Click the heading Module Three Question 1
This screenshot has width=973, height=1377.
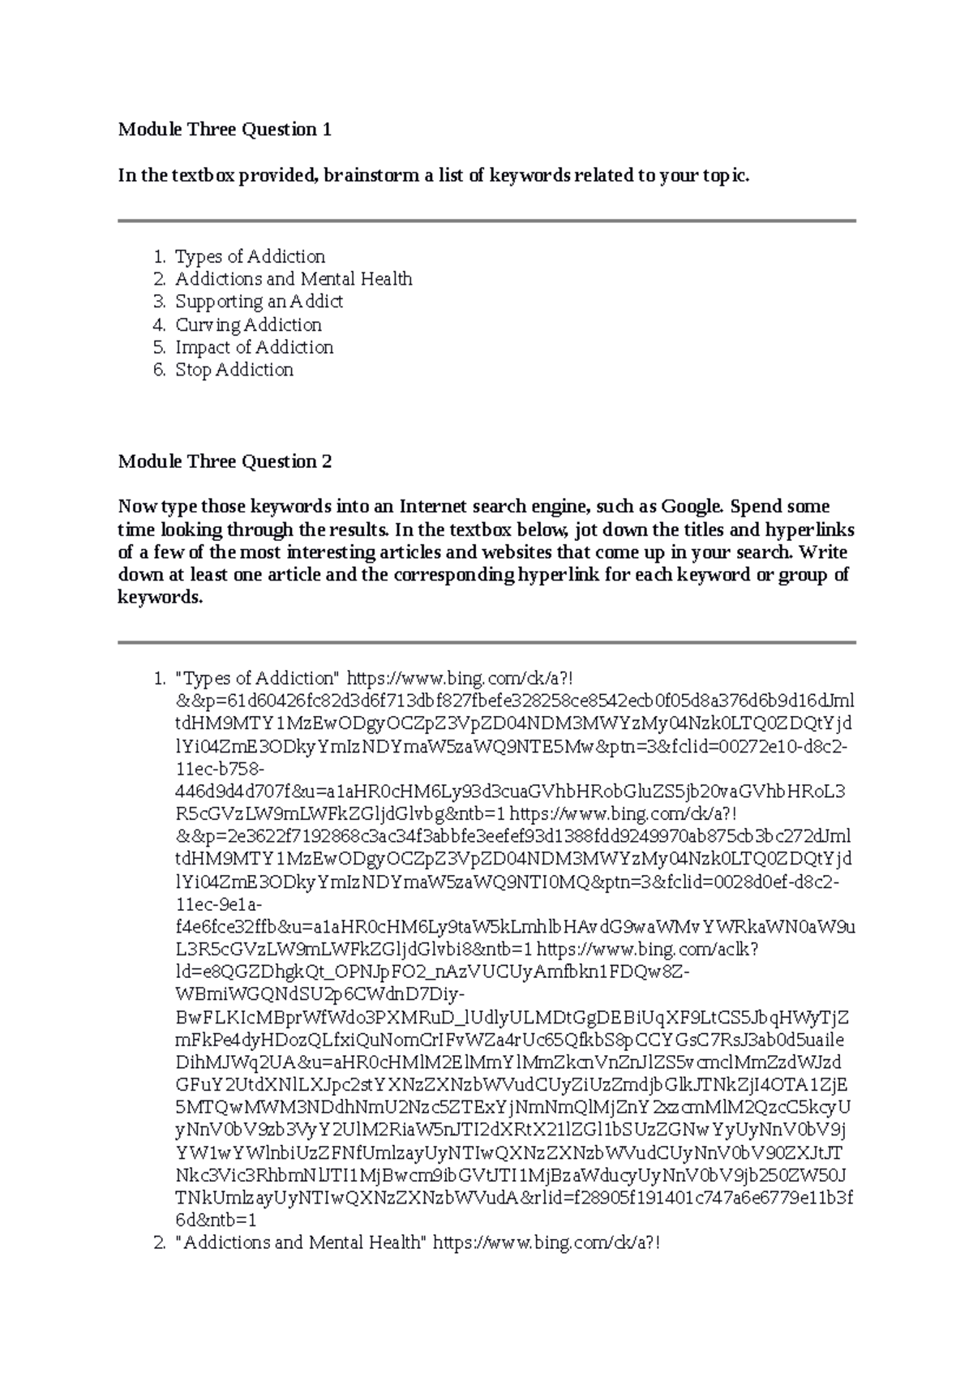click(225, 130)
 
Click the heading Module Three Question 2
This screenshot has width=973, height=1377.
click(225, 462)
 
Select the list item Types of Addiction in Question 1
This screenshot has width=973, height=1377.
click(251, 257)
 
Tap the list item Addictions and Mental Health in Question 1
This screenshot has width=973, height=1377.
click(294, 280)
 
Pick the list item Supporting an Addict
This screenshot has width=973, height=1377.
click(259, 302)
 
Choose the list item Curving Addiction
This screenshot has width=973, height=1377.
click(249, 325)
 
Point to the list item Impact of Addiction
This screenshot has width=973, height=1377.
click(255, 348)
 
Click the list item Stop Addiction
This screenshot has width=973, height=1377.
click(234, 371)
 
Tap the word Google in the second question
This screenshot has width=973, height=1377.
click(692, 508)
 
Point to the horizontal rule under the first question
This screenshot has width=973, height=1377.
click(486, 221)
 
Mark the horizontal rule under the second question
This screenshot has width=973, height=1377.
click(486, 643)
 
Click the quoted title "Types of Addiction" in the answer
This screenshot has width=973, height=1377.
click(259, 678)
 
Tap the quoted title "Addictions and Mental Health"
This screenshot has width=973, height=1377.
click(301, 1242)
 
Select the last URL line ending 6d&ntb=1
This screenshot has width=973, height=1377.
click(216, 1220)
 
